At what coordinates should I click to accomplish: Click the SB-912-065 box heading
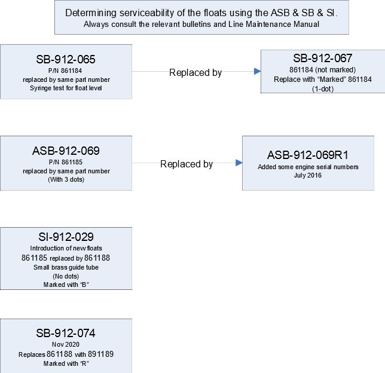66,59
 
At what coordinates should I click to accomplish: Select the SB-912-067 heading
323,58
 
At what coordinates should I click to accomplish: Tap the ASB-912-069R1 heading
308,155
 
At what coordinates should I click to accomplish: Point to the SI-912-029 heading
66,237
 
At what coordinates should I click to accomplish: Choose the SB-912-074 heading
66,333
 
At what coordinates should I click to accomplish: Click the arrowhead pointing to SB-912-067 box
257,72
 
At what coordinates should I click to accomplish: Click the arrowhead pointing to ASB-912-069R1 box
239,163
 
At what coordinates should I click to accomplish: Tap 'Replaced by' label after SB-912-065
195,73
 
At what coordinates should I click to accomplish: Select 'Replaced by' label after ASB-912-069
187,164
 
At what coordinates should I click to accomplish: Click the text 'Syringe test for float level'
66,88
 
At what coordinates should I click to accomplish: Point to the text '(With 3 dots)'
66,179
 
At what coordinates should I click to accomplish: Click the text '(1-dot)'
323,89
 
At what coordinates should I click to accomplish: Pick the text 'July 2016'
308,175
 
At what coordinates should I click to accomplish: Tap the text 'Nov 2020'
66,344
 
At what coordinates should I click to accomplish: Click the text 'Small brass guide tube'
66,267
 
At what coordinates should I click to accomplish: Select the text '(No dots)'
66,277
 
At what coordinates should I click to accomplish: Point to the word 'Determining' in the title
91,13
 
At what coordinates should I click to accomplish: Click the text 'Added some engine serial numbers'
308,167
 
